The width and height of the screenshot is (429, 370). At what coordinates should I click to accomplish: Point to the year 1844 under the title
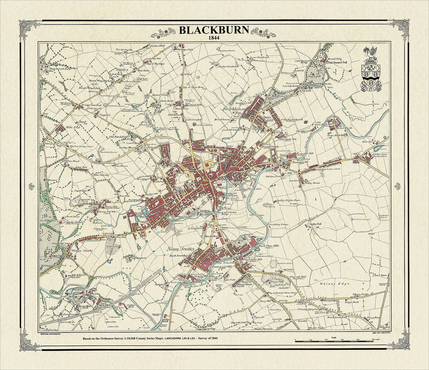point(214,38)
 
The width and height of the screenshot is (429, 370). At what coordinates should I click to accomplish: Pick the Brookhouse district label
point(234,109)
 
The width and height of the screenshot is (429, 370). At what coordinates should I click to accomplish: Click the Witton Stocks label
point(82,251)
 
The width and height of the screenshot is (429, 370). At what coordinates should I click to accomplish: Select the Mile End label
point(73,127)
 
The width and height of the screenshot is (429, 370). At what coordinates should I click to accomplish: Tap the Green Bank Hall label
point(337,136)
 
